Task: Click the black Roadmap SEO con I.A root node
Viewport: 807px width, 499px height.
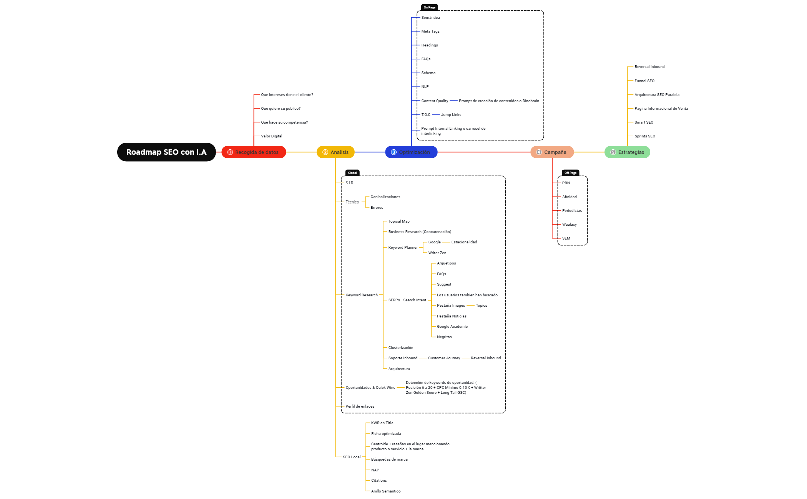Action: click(x=166, y=152)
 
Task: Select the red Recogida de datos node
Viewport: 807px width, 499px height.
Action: click(x=254, y=152)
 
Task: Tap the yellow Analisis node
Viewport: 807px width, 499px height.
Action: click(x=335, y=152)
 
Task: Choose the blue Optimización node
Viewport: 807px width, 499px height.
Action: click(x=411, y=152)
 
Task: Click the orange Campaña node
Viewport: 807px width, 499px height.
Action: click(x=552, y=152)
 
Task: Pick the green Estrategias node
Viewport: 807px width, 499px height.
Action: click(x=627, y=152)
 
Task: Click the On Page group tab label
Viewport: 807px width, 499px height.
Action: click(x=429, y=7)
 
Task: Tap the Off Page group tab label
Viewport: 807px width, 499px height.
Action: click(x=570, y=173)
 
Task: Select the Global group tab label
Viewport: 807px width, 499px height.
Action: click(x=352, y=173)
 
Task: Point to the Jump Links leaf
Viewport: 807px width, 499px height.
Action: click(x=451, y=115)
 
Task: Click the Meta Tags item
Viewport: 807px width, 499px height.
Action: click(x=430, y=31)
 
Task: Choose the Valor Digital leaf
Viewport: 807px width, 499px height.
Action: click(x=272, y=136)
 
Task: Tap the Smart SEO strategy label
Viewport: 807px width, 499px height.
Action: click(x=644, y=122)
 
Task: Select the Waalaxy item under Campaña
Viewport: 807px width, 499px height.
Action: click(x=569, y=225)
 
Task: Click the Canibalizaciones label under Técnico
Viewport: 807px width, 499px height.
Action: click(x=385, y=197)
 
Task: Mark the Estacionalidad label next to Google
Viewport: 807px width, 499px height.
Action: click(x=464, y=242)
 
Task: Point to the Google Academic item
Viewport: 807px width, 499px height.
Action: click(x=452, y=327)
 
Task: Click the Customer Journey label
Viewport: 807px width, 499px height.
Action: click(x=444, y=358)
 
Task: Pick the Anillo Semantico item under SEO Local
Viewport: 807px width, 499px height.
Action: click(x=385, y=491)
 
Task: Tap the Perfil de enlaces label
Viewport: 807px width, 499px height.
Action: click(x=360, y=406)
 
